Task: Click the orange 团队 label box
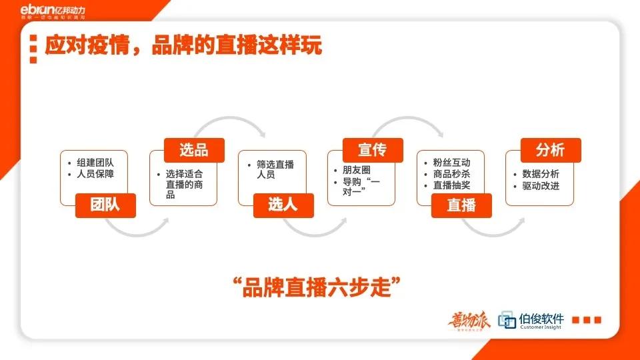coord(105,205)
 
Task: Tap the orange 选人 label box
coord(283,205)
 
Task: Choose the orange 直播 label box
coord(462,205)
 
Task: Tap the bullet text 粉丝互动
coord(451,163)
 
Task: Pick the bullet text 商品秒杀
coord(451,174)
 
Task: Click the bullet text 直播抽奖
coord(451,185)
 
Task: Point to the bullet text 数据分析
coord(541,174)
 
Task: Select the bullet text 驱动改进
coord(541,185)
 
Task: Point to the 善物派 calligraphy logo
coord(469,321)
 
